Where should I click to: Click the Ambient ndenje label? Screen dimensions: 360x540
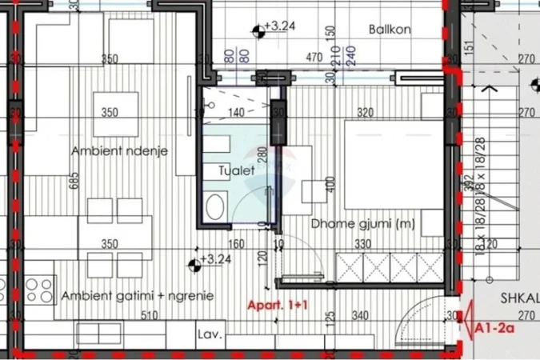(x=119, y=151)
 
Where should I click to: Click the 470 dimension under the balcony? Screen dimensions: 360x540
(x=314, y=58)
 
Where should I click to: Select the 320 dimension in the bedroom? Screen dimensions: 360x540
(x=365, y=113)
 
